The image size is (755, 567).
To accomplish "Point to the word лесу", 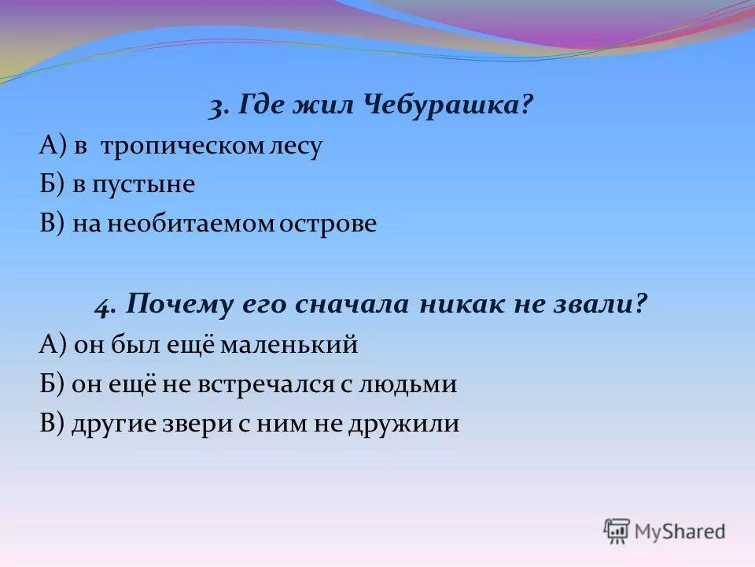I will (x=295, y=147).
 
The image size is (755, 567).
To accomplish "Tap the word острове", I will (x=330, y=224).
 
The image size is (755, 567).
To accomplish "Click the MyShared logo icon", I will (x=617, y=532).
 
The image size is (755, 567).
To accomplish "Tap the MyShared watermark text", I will (x=680, y=532).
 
